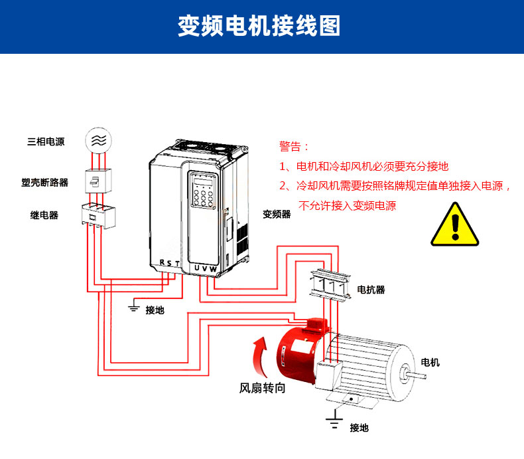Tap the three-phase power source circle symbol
coord(98,141)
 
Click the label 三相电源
coord(46,141)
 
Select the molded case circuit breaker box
coord(98,180)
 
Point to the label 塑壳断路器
coord(45,182)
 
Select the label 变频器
coord(277,214)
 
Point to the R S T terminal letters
coord(170,263)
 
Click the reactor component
coord(329,286)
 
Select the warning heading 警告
coord(294,146)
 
